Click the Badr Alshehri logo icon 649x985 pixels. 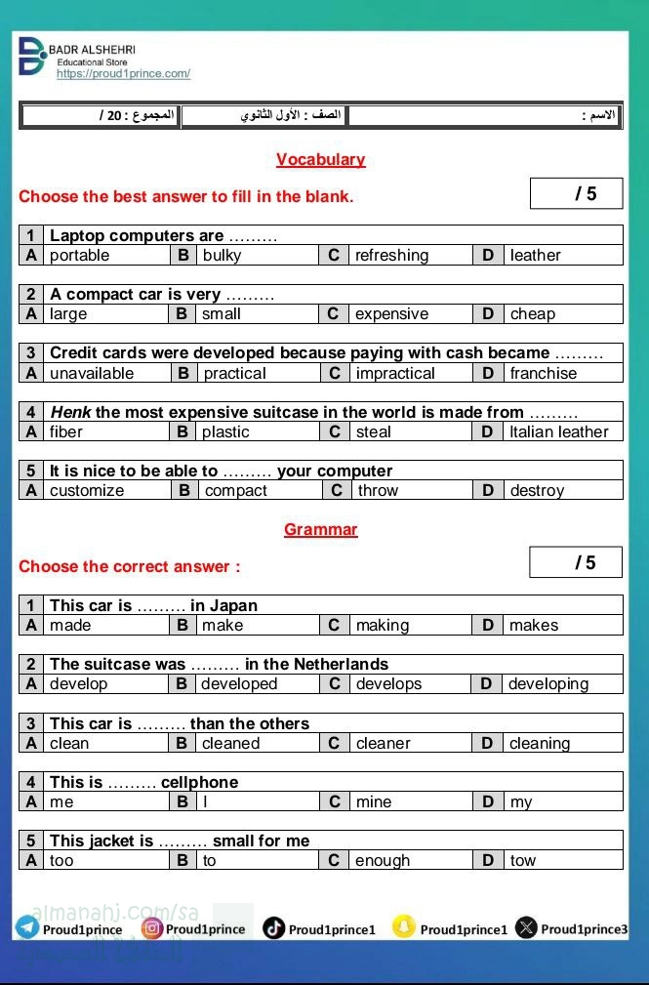(31, 57)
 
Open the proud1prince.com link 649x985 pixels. (123, 74)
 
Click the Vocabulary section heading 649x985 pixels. (320, 159)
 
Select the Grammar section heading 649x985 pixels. (320, 529)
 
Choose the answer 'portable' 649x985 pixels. (79, 256)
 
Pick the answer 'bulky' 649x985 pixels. (222, 256)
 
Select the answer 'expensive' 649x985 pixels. (391, 314)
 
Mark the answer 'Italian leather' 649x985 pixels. (558, 431)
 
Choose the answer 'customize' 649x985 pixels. (87, 490)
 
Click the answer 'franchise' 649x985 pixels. (543, 373)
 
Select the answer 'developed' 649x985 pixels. (239, 684)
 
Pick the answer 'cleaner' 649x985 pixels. (383, 743)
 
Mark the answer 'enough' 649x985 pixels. (383, 860)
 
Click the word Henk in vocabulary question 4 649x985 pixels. (70, 412)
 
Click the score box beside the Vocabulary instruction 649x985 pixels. (576, 193)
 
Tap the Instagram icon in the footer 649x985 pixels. (151, 928)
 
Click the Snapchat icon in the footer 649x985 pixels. (403, 927)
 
